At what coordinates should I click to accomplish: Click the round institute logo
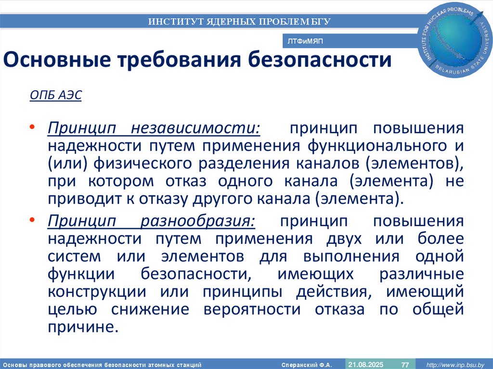tap(456, 40)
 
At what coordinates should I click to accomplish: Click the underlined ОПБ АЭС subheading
tap(56, 95)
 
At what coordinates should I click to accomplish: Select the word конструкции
tap(97, 292)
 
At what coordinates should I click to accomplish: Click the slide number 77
tap(405, 364)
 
